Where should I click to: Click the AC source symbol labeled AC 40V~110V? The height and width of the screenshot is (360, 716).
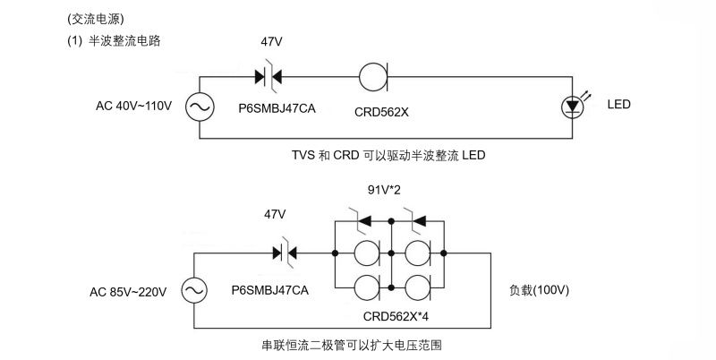point(199,107)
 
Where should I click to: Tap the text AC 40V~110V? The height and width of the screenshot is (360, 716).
point(133,107)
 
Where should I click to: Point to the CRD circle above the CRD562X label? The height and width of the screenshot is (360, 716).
point(372,77)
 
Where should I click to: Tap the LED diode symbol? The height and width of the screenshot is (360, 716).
point(573,107)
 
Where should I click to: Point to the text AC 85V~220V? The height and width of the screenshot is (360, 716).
point(126,291)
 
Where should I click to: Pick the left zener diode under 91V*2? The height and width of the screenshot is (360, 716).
point(360,219)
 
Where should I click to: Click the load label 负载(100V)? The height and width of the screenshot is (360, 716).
point(540,291)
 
